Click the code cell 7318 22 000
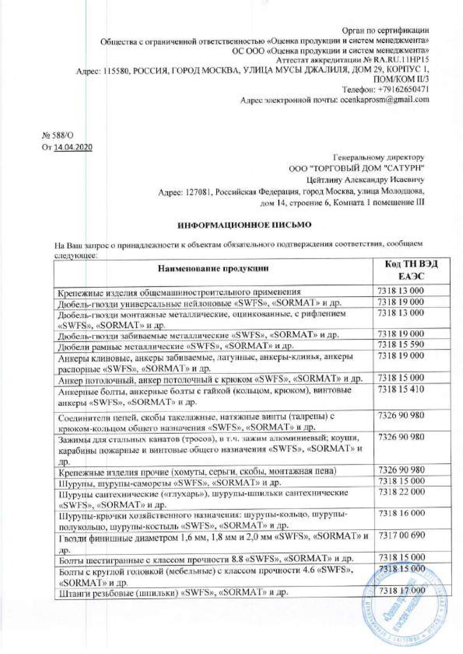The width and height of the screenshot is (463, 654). (x=401, y=491)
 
